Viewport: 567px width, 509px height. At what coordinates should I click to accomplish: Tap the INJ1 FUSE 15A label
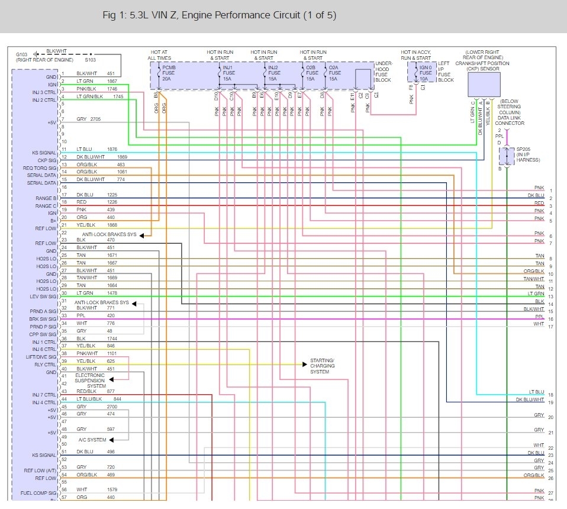point(228,73)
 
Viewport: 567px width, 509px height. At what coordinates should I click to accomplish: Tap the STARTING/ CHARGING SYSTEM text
point(323,366)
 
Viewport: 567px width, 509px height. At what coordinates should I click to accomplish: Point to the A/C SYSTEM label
point(92,440)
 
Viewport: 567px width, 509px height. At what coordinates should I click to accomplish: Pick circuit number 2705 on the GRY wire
point(95,119)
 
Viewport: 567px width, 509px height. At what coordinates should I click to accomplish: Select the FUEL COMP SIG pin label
point(38,492)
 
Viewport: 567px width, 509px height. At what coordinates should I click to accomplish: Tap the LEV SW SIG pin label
point(43,297)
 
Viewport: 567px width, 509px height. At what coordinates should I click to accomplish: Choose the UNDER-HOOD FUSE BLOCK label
point(383,72)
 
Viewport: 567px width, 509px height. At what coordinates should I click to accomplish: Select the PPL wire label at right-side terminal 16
point(539,317)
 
